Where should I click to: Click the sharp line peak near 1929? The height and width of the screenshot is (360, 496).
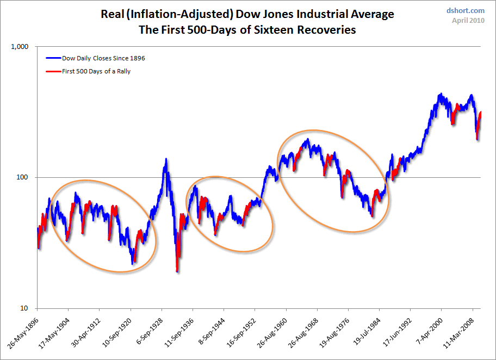click(x=166, y=159)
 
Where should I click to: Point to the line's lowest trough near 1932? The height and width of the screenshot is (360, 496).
click(x=177, y=271)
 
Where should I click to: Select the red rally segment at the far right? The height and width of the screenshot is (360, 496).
click(x=479, y=122)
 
